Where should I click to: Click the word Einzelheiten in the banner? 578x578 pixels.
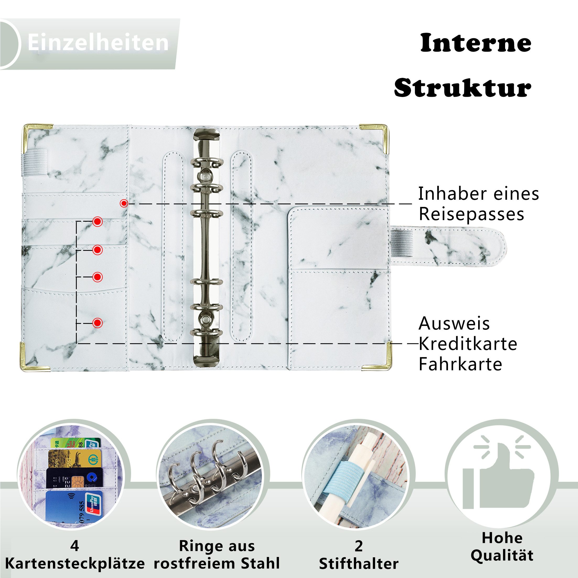[98, 42]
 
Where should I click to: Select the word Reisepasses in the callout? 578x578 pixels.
[471, 214]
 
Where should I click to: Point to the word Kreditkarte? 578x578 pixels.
[468, 344]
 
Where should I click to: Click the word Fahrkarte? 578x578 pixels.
[460, 364]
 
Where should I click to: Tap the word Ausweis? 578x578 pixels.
[454, 324]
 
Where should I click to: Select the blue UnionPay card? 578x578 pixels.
[74, 506]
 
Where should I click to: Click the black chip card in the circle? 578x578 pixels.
[74, 478]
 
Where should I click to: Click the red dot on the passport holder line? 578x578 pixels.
[124, 203]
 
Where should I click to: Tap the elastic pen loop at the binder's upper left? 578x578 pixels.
[35, 161]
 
